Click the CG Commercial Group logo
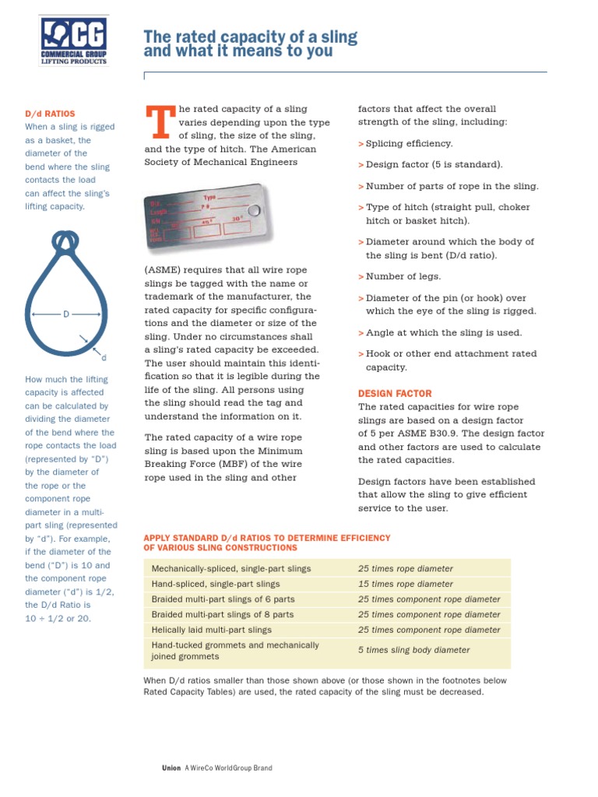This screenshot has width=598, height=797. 74,42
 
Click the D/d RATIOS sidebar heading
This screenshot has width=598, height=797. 51,114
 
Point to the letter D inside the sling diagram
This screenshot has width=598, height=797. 66,314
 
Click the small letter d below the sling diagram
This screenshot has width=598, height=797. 104,357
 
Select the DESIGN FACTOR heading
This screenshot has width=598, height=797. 394,394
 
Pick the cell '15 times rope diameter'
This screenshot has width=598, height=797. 405,584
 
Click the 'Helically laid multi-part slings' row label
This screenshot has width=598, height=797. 212,630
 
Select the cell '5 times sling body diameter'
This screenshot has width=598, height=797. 413,650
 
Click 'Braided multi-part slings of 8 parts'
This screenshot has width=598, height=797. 223,614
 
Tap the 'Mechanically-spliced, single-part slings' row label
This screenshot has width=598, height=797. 231,569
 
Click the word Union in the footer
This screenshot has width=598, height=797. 171,768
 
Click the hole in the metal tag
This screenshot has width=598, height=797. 253,211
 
